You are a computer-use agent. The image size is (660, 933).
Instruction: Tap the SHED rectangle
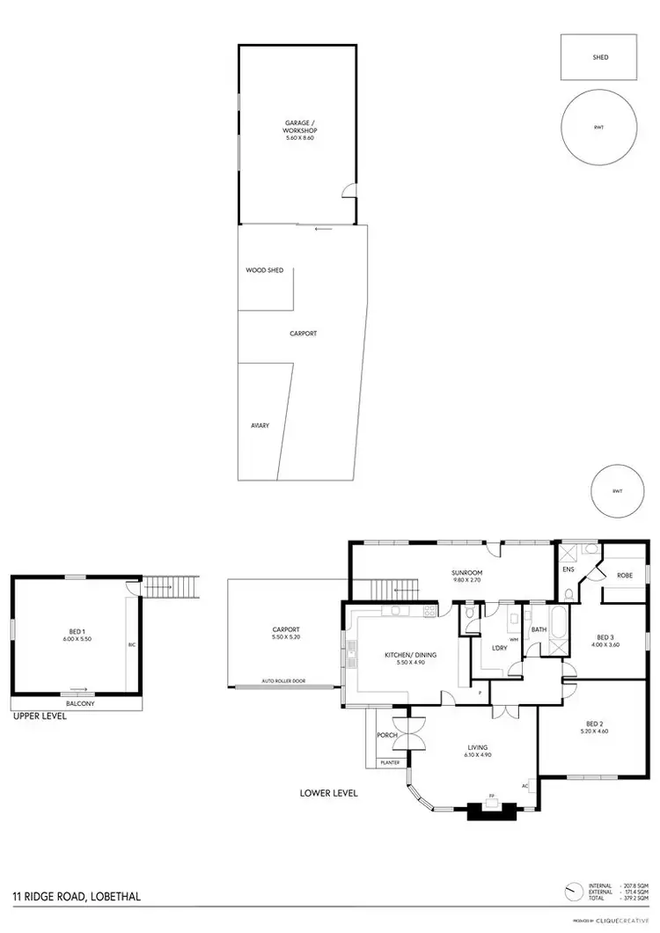tap(599, 57)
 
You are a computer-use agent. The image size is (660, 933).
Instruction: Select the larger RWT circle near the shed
tap(598, 129)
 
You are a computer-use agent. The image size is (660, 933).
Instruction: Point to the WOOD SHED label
tap(264, 270)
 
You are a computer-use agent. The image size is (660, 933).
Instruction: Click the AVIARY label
tap(259, 426)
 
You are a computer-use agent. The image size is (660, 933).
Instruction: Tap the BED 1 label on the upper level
tap(77, 631)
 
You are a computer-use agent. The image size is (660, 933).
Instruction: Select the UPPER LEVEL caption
tap(40, 716)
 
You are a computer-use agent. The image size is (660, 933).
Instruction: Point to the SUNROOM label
tap(468, 573)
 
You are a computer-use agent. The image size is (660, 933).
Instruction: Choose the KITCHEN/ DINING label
tap(410, 655)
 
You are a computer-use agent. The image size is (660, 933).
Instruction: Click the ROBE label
tap(624, 576)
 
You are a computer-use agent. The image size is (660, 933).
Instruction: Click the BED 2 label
tap(595, 725)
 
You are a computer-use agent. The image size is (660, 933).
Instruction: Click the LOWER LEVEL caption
tap(329, 793)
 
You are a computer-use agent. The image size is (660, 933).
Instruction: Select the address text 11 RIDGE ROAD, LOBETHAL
tap(77, 897)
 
